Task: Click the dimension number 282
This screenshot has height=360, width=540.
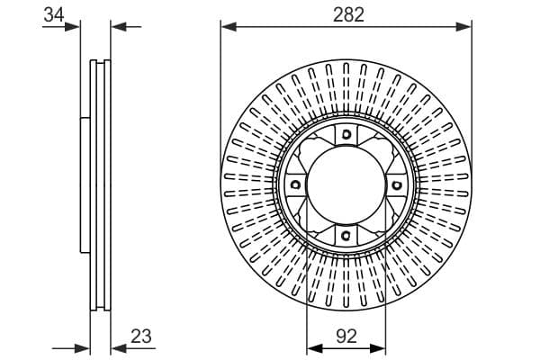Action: (x=348, y=15)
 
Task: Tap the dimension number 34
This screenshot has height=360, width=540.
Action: (x=54, y=15)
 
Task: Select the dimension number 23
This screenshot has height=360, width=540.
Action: (x=141, y=336)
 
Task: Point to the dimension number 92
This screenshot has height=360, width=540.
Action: (x=346, y=336)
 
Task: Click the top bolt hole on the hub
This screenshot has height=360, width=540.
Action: (x=346, y=134)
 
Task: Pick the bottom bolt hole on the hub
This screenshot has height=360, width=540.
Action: (x=346, y=236)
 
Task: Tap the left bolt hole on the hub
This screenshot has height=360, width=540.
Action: (x=295, y=185)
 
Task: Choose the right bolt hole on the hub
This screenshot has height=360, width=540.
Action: (x=397, y=185)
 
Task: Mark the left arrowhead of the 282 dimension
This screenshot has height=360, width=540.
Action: (x=229, y=26)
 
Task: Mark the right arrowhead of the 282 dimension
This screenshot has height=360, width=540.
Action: (x=463, y=26)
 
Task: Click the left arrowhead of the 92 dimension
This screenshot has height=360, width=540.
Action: (x=314, y=348)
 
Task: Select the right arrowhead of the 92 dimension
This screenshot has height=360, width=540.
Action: (x=378, y=348)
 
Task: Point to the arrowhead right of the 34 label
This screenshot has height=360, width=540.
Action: (x=72, y=26)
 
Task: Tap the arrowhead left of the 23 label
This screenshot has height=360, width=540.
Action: (x=119, y=348)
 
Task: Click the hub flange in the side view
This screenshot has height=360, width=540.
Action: (x=85, y=185)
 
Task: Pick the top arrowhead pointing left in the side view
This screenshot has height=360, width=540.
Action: (x=119, y=26)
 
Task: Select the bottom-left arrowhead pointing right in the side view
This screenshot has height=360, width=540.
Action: (x=82, y=348)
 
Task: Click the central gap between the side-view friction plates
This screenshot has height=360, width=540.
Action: (x=100, y=185)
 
